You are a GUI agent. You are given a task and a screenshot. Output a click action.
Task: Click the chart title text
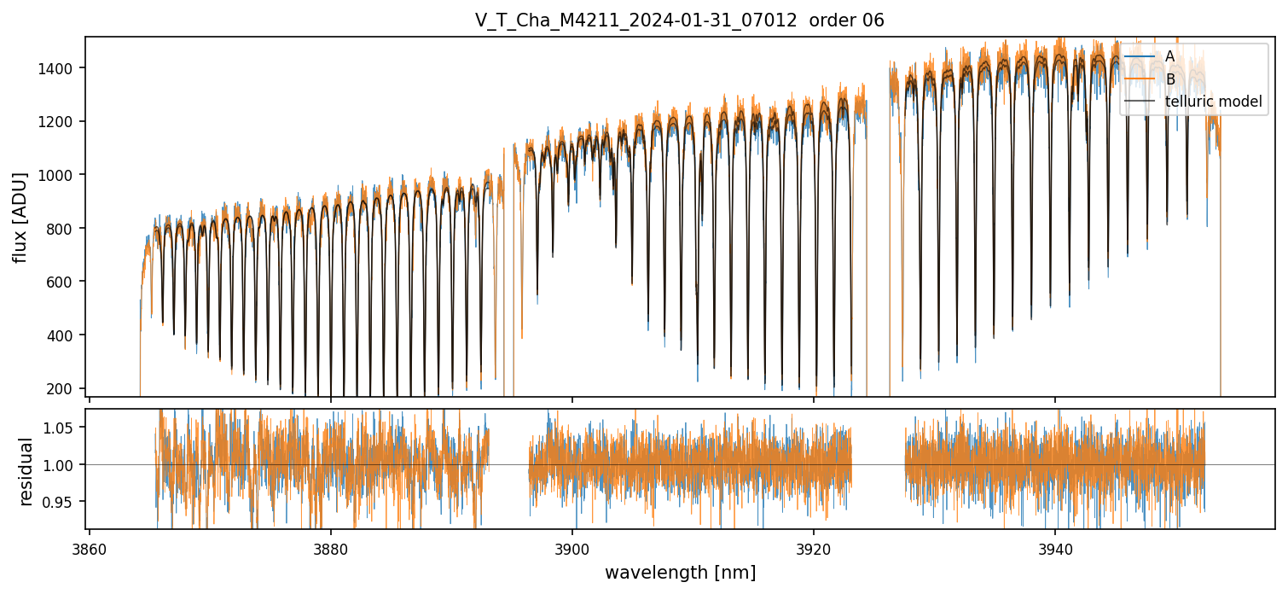pos(679,20)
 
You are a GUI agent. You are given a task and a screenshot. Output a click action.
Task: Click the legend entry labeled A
pos(1169,56)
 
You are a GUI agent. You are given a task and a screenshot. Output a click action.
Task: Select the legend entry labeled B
pos(1169,79)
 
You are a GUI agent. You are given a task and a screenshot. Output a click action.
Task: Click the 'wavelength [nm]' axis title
pos(680,572)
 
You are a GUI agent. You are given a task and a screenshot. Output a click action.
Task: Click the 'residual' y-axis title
pos(26,471)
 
